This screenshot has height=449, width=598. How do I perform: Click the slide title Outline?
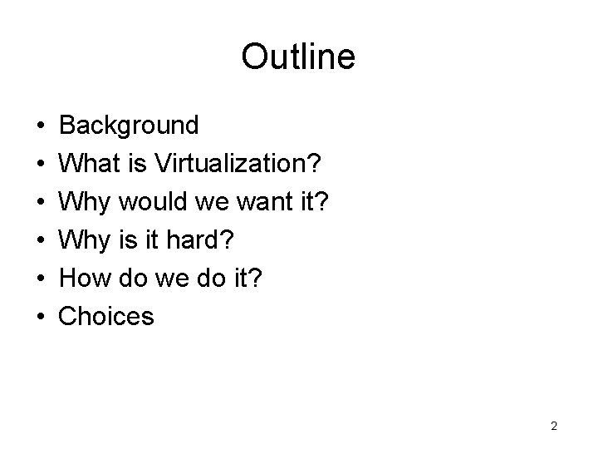[x=298, y=57]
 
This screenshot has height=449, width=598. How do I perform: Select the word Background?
[x=130, y=126]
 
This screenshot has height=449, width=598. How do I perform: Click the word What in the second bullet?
[x=90, y=164]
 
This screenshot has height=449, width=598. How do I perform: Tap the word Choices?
[x=107, y=316]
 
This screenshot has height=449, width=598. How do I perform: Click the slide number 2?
[x=554, y=427]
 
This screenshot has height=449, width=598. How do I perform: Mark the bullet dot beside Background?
[x=41, y=126]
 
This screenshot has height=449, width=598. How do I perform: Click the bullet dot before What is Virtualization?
[x=41, y=165]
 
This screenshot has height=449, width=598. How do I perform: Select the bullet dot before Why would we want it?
[x=41, y=202]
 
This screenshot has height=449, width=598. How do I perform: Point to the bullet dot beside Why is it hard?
[x=41, y=240]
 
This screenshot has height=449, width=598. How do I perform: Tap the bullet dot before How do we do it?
[x=41, y=279]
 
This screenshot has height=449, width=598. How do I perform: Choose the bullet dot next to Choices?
[x=41, y=317]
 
